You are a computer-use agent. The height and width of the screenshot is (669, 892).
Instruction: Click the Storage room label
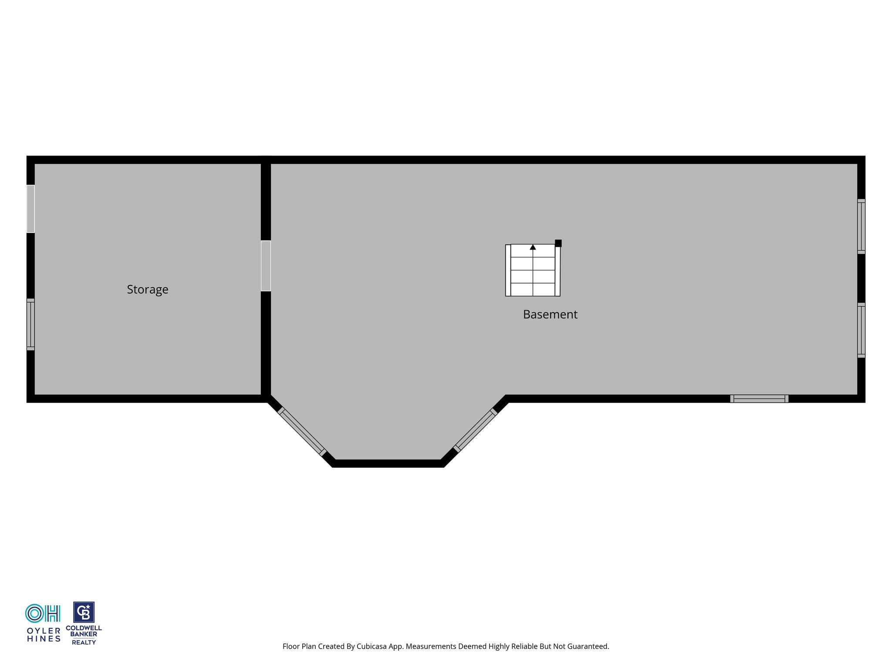click(147, 290)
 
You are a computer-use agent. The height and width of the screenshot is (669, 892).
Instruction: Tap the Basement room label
click(550, 314)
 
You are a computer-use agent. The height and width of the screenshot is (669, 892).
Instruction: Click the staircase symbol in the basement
click(533, 270)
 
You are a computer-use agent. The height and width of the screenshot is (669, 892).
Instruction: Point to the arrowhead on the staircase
click(533, 247)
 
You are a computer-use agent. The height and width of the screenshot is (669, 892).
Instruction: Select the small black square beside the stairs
click(558, 243)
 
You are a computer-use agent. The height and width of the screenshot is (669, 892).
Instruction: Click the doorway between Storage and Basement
click(266, 266)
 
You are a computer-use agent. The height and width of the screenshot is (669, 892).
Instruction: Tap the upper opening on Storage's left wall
click(30, 209)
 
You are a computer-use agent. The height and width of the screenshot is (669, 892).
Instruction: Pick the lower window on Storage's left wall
click(30, 324)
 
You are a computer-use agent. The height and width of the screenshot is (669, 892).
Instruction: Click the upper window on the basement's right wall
click(861, 226)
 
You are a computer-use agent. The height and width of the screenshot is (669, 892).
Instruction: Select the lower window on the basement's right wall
click(861, 330)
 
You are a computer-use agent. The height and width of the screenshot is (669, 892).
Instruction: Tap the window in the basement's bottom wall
click(759, 399)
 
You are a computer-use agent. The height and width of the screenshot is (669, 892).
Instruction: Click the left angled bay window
click(302, 432)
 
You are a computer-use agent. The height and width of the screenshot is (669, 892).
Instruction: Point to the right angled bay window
click(476, 430)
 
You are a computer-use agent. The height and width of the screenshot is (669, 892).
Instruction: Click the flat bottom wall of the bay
click(388, 463)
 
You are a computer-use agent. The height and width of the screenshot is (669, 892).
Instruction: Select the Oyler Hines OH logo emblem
click(43, 613)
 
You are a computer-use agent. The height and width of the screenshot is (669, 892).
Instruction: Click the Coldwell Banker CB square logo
click(84, 612)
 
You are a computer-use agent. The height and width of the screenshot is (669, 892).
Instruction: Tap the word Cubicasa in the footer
click(372, 646)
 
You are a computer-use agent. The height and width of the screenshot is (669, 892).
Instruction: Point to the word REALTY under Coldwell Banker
click(84, 642)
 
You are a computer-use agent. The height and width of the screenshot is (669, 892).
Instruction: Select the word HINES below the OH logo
click(44, 639)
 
